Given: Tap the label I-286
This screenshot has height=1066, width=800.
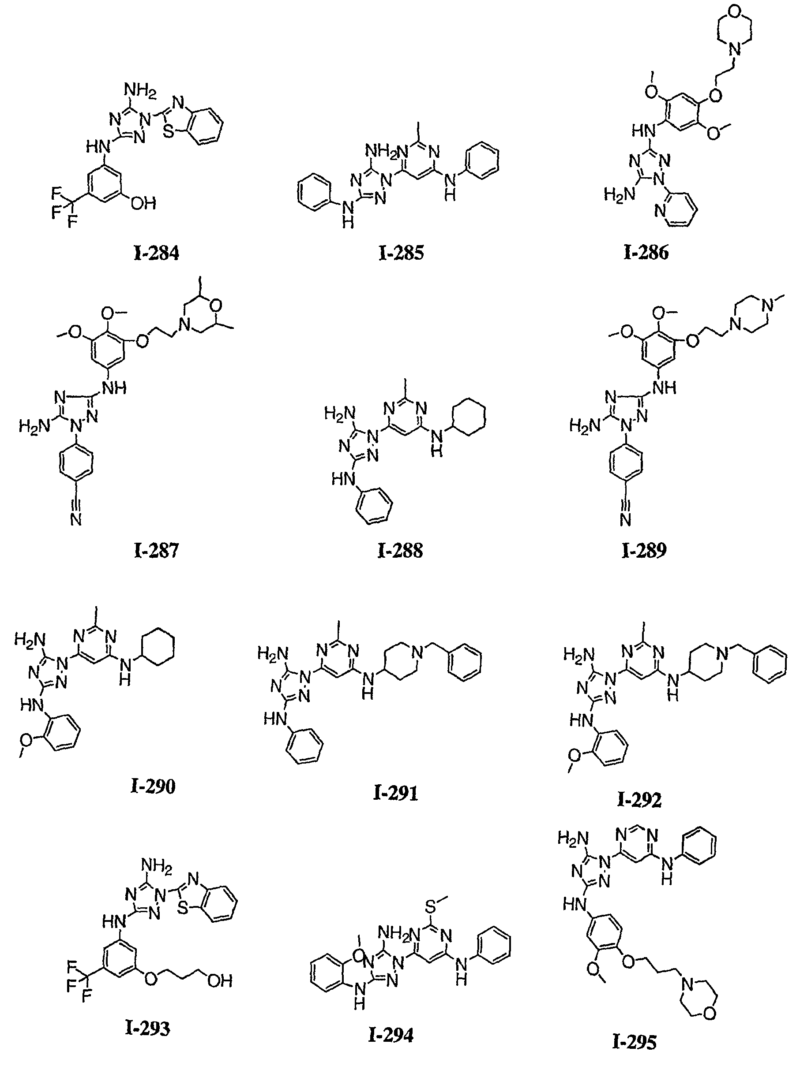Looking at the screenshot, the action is tap(646, 253).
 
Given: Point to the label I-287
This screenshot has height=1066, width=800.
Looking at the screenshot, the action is tap(156, 550).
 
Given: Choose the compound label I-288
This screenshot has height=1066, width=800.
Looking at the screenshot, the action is tap(400, 550).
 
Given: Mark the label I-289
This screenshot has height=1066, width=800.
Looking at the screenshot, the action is tap(644, 550).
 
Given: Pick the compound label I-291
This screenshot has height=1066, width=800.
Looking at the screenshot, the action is tap(395, 793).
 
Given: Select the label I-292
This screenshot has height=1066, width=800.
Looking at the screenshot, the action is tap(639, 800).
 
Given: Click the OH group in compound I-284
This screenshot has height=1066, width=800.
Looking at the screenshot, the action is tap(143, 203).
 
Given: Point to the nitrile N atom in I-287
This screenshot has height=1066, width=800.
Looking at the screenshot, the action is tap(76, 519).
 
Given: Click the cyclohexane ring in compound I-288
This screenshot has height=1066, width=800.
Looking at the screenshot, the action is tap(468, 417).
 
